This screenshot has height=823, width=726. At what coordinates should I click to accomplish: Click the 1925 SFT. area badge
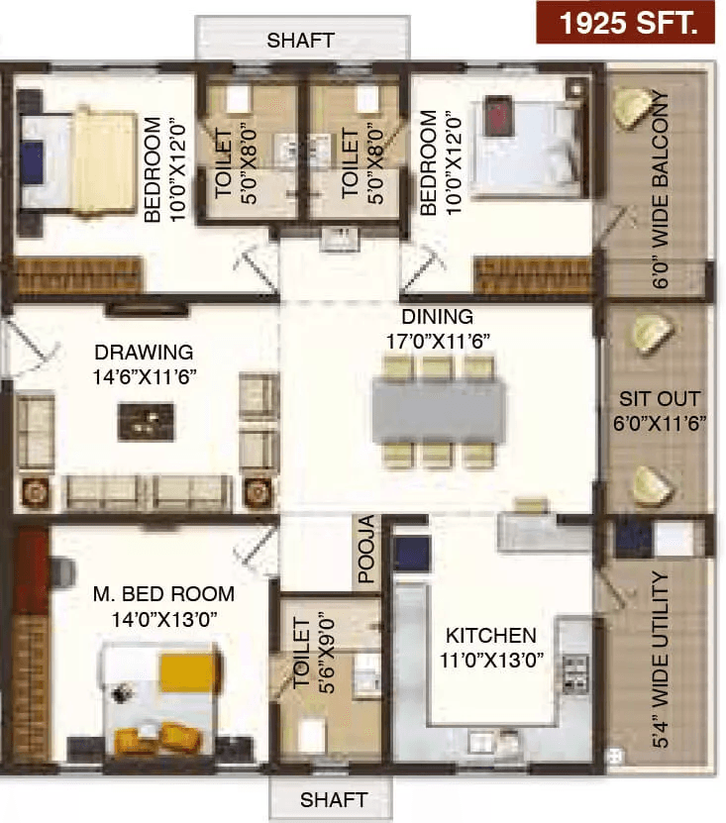coord(625,23)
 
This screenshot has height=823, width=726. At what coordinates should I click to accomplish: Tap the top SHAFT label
coord(301,41)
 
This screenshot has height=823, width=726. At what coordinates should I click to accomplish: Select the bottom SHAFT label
coord(334,800)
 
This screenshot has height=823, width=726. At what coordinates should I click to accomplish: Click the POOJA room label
coord(366,549)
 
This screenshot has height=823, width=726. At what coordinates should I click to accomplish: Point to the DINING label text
coord(437,317)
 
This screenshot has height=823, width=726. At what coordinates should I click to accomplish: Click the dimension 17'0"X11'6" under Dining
coord(439,341)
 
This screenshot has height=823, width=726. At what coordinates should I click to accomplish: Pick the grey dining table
coord(439,412)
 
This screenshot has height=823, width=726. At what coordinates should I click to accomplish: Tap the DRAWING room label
coord(144,352)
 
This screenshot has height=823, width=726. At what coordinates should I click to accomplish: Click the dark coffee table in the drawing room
coord(147,422)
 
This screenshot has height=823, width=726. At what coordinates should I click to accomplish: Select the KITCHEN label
coord(491,636)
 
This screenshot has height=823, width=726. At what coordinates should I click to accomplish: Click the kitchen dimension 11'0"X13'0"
coord(491,660)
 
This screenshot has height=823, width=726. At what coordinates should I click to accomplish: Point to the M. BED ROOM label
coord(163,594)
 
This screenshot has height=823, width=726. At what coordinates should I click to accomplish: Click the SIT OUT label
coord(660,399)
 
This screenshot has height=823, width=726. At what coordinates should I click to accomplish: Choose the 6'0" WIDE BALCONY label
coord(661,189)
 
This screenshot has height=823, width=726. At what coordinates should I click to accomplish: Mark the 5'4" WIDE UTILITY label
coord(661,660)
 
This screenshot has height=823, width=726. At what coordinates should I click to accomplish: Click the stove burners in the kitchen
coord(575,673)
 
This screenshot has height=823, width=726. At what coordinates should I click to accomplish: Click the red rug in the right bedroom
coord(497,116)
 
